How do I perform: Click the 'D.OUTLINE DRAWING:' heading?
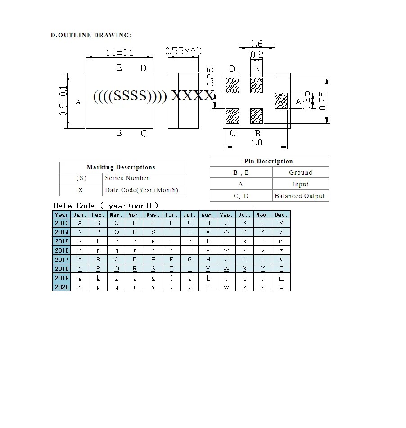point(91,35)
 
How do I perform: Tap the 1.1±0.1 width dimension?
point(119,53)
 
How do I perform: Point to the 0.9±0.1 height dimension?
point(63,101)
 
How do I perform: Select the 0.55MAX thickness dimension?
point(183,51)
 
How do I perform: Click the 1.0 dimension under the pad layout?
point(257,142)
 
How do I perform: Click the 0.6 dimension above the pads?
point(257,44)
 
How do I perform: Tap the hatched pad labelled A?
point(281,100)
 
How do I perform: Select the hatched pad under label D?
point(232,86)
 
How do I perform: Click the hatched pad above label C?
point(232,116)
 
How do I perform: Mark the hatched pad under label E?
point(257,86)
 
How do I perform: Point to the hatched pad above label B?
point(257,116)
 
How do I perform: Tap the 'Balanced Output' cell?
point(299,196)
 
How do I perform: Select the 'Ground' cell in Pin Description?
point(300,173)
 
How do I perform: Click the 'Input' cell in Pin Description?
point(300,185)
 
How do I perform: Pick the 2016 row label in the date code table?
point(62,251)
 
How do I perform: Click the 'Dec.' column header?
point(281,215)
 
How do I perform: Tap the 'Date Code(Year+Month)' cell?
point(141,190)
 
